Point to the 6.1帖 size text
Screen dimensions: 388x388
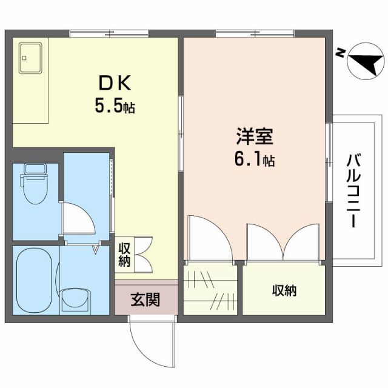[x=253, y=161]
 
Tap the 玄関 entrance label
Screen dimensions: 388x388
[x=145, y=299]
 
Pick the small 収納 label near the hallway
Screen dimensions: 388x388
[x=124, y=255]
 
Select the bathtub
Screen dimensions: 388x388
[x=34, y=279]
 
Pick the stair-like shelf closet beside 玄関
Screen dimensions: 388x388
[x=212, y=290]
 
